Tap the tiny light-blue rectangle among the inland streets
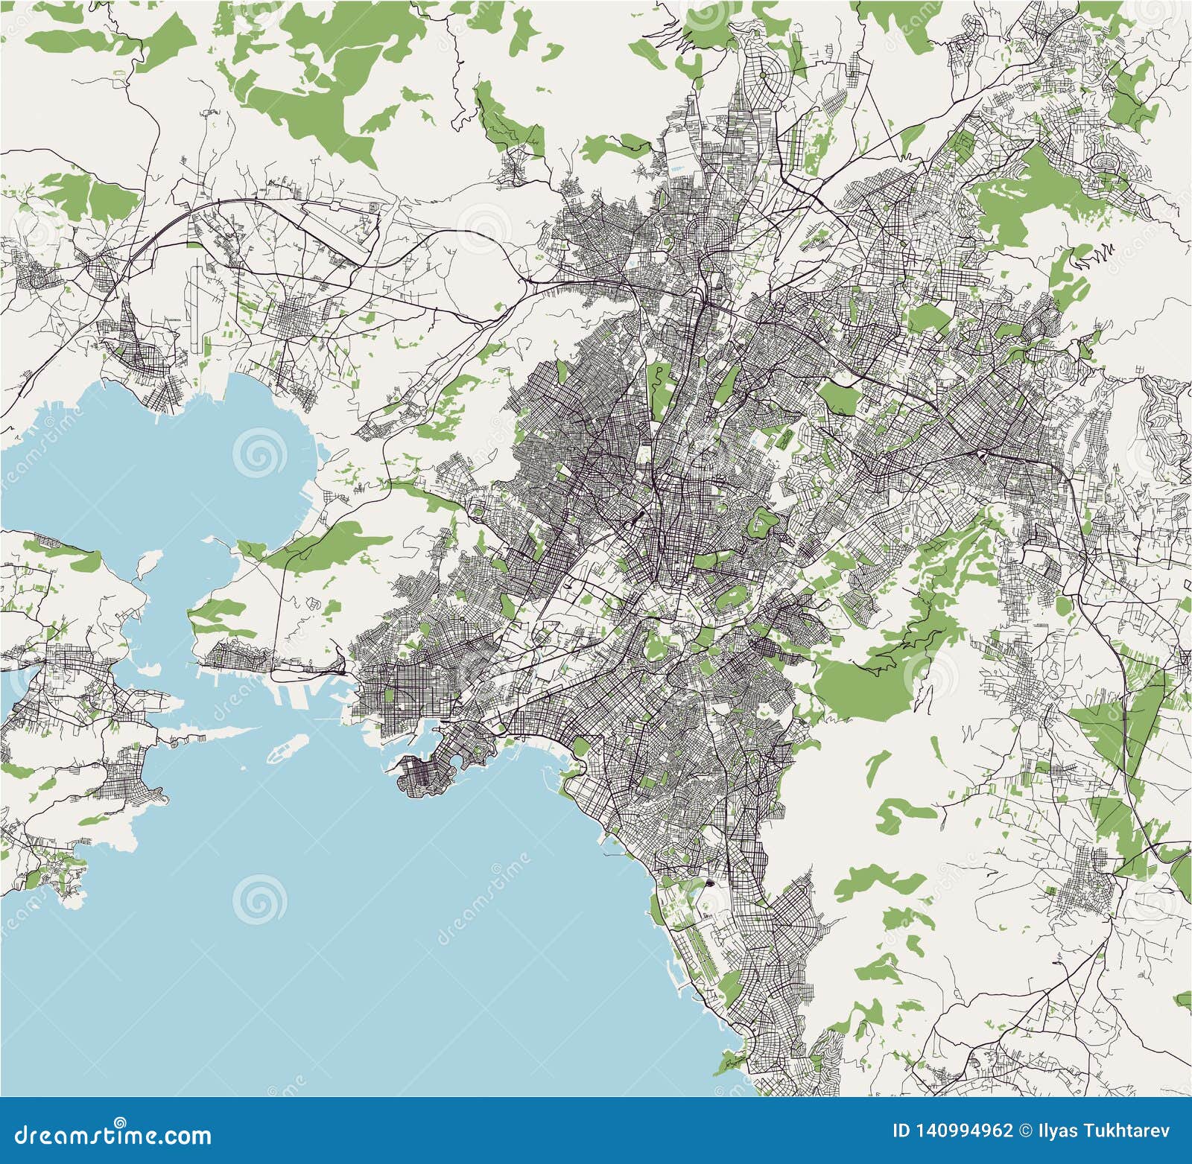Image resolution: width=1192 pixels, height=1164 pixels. click(633, 261)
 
